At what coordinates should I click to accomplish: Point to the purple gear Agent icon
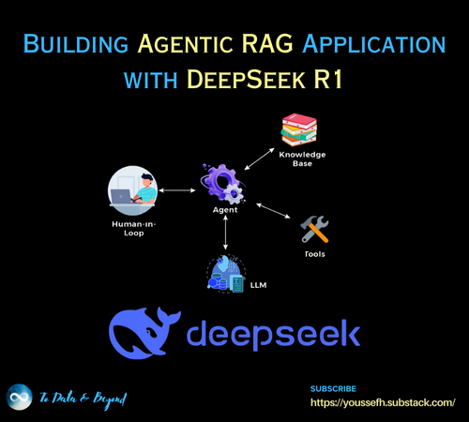[x=222, y=182]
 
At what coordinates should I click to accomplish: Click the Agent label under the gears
[x=225, y=210]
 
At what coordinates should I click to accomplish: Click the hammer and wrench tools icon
[x=315, y=229]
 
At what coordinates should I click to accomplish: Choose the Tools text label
[x=315, y=254]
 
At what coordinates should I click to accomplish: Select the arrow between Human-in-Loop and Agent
[x=176, y=191]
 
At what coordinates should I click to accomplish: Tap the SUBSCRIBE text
[x=333, y=387]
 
